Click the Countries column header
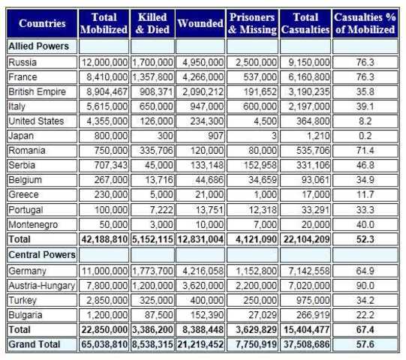[x=42, y=23]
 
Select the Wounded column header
[x=200, y=23]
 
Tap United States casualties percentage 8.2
[x=365, y=121]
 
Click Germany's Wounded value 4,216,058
[x=200, y=271]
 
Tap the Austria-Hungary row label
[x=41, y=286]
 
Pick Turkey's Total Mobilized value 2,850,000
[x=106, y=300]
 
